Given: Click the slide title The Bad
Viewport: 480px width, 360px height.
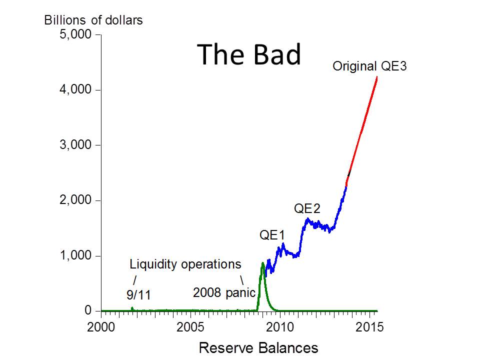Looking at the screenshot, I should [x=249, y=54].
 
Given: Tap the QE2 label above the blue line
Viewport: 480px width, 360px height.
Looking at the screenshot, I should [x=307, y=208].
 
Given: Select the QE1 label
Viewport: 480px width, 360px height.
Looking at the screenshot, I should [x=272, y=235].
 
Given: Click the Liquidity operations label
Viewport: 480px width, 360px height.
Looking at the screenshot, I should [x=185, y=263].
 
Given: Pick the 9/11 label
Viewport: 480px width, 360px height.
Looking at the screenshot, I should [x=138, y=294].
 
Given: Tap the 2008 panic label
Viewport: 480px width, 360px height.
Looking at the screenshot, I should [x=224, y=292].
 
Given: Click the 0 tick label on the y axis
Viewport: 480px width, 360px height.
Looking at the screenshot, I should [x=88, y=311].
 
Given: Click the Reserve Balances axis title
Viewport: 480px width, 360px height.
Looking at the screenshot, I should [x=258, y=347].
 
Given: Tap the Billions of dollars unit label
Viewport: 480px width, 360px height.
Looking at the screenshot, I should [x=93, y=20].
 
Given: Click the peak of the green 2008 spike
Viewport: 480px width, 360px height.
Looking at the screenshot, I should [x=262, y=263].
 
